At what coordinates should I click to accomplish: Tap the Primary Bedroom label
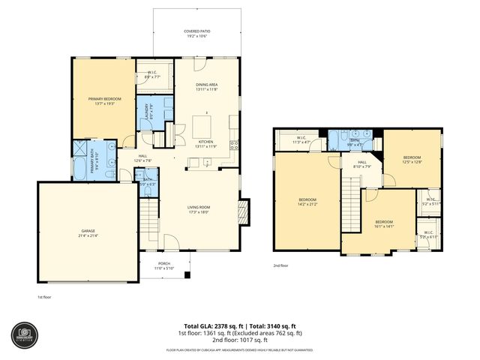click(104, 100)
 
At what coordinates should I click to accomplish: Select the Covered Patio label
click(197, 34)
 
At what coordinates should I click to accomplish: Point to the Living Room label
click(198, 209)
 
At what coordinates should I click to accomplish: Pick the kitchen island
click(203, 124)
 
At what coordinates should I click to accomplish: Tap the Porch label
click(163, 266)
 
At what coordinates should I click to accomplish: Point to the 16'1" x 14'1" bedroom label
click(383, 223)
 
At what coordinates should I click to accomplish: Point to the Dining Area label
click(206, 87)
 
